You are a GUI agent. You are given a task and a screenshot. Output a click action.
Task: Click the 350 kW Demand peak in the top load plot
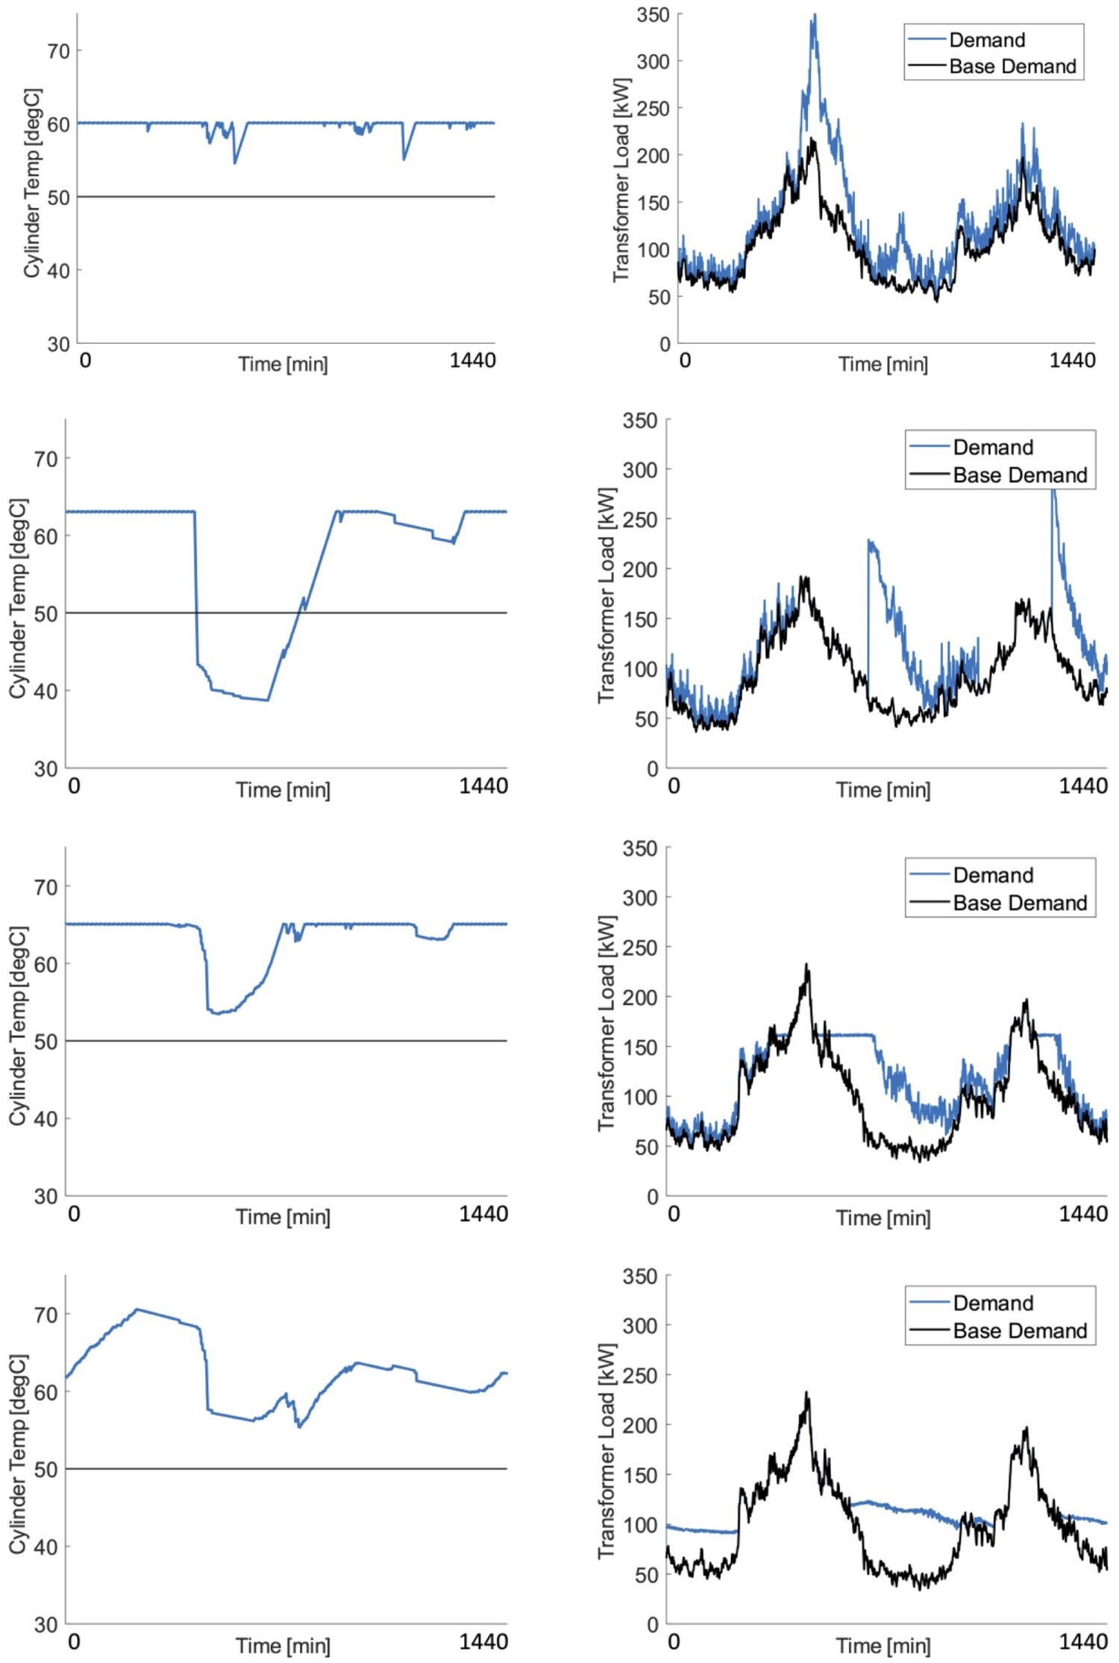(814, 16)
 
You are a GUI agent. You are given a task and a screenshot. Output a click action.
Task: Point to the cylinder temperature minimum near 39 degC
(267, 700)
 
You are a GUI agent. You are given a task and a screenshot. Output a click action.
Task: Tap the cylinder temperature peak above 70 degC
(137, 1309)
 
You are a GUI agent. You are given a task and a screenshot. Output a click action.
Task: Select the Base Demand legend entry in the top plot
(1012, 67)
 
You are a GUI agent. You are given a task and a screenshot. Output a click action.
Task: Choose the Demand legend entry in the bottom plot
(993, 1303)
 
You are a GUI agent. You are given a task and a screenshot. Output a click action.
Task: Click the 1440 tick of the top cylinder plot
(472, 361)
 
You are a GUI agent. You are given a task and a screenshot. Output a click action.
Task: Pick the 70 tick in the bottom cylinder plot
(46, 1315)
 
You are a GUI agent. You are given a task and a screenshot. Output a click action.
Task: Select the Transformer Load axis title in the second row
(606, 595)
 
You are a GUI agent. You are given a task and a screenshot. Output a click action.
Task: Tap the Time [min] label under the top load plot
(883, 364)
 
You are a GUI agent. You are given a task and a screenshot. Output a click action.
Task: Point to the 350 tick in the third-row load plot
(640, 849)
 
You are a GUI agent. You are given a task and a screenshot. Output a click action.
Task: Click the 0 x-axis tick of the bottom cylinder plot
(75, 1641)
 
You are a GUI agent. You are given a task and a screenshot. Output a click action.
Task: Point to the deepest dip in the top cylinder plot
(235, 163)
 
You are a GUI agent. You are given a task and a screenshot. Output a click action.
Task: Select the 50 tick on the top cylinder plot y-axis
(58, 198)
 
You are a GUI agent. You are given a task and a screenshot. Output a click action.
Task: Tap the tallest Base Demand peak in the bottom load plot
(806, 1394)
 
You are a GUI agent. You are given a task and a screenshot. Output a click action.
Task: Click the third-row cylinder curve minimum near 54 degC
(217, 1013)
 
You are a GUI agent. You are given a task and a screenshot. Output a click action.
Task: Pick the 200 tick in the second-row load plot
(640, 569)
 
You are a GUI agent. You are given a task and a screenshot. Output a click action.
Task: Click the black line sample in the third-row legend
(929, 903)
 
